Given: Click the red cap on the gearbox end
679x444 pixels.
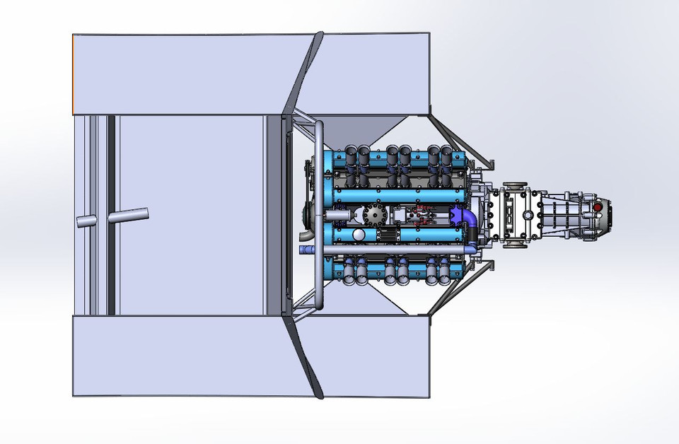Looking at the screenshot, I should [598, 208].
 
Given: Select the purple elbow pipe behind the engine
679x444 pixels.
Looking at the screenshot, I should [464, 218].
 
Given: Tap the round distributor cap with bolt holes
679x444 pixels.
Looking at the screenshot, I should [372, 215].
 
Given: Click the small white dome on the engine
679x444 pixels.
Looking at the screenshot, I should [359, 235].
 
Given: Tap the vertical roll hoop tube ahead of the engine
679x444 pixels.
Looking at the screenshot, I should [319, 216].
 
